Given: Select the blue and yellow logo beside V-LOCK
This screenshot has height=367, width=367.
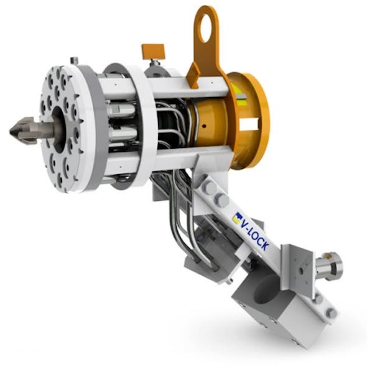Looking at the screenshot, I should [237, 217].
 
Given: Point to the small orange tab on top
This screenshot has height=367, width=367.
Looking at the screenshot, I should [152, 50].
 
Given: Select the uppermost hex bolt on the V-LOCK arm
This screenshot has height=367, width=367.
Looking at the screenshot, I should [208, 187].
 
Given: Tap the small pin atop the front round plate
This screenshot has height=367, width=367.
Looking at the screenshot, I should [73, 60].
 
